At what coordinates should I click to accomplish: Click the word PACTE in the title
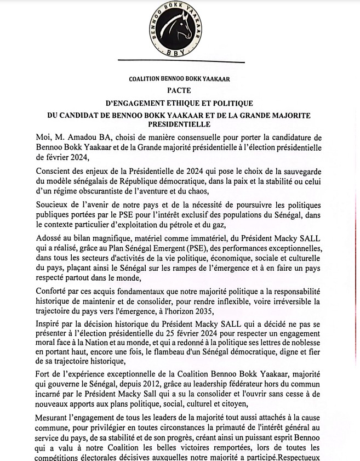tap(179, 90)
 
